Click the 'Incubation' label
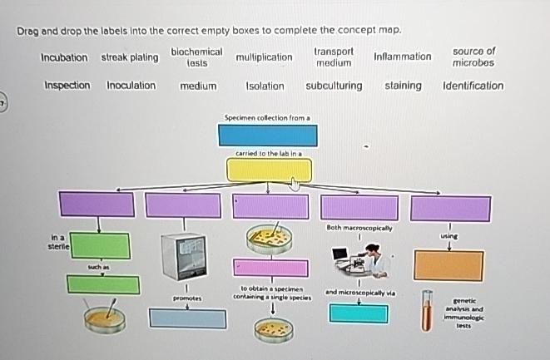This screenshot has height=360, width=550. (64, 57)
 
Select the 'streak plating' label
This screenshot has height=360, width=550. (130, 57)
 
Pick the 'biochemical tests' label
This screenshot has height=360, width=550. (197, 57)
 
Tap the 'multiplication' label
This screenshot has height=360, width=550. (264, 57)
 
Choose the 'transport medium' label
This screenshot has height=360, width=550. (334, 57)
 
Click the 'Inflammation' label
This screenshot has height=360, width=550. (403, 57)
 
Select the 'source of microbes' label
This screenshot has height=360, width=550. (473, 57)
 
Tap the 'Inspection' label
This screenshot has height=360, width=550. (67, 86)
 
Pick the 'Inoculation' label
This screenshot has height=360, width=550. (131, 86)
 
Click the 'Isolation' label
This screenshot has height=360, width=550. (265, 86)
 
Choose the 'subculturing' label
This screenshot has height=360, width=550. (334, 86)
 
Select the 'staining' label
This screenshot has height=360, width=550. (403, 86)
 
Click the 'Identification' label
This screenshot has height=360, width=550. (473, 86)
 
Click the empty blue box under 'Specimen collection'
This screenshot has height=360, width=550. (267, 135)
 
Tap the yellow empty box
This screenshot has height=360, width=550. (269, 170)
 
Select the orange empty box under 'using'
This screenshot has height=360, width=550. (448, 265)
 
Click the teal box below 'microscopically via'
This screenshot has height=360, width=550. (358, 313)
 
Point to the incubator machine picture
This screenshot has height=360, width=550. (185, 256)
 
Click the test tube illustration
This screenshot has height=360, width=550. (427, 309)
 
